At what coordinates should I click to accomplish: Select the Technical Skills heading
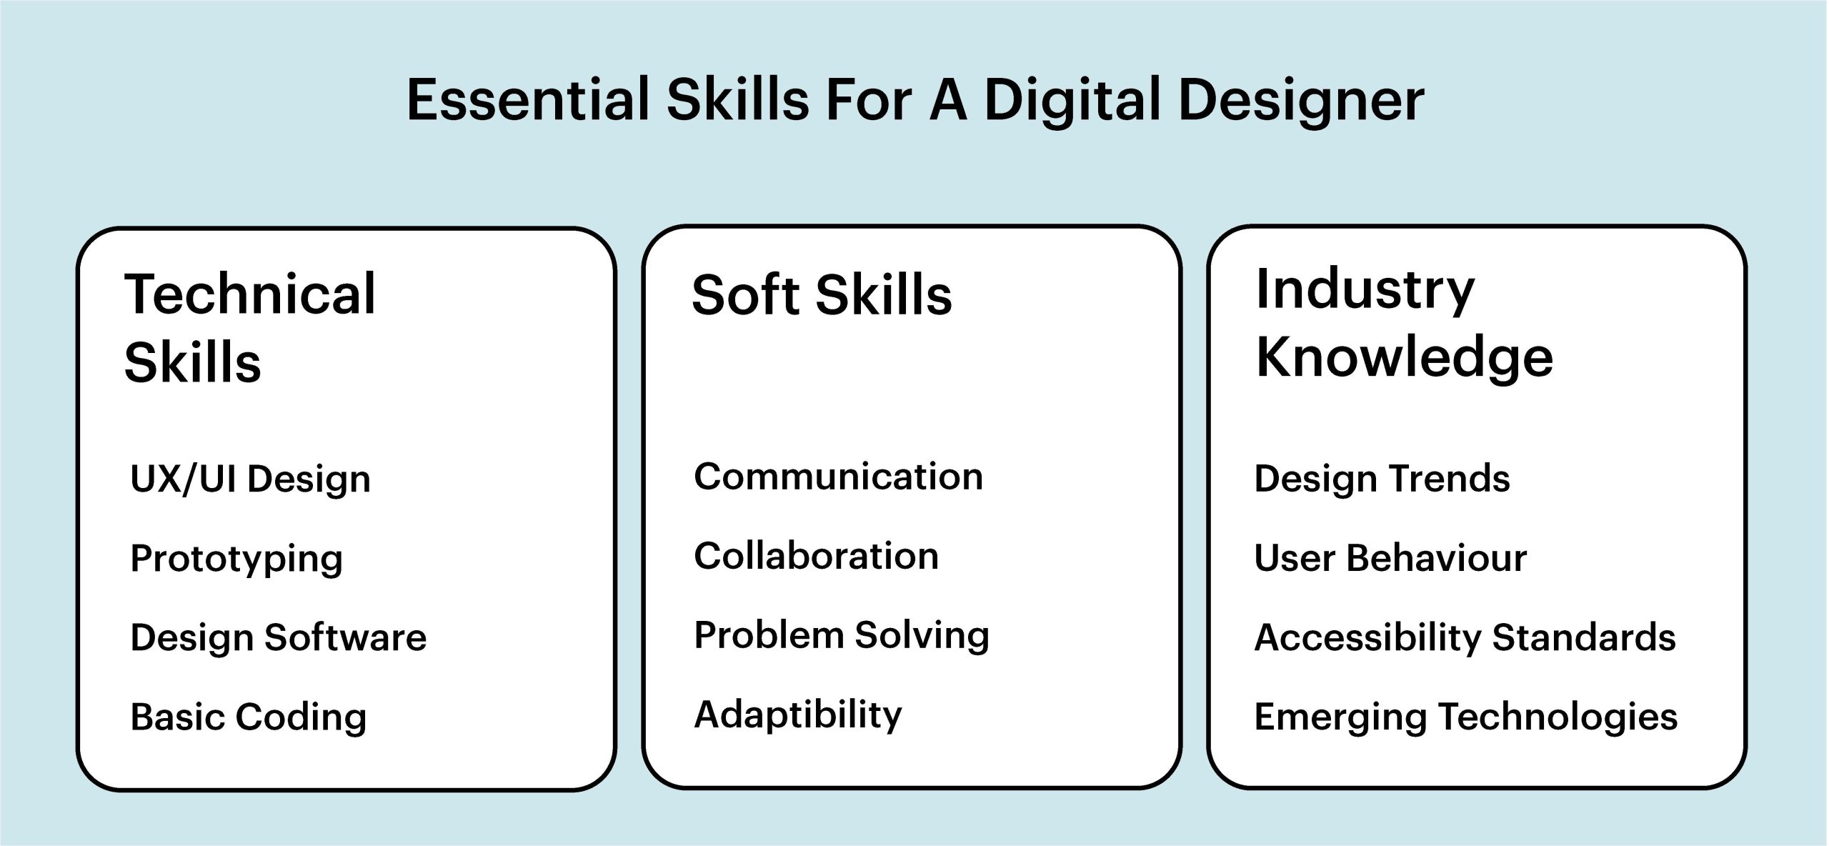(x=249, y=327)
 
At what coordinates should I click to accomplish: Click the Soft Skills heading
(x=822, y=294)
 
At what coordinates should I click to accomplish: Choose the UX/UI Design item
(x=250, y=479)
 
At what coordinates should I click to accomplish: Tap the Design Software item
(x=278, y=637)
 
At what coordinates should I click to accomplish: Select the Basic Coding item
(x=248, y=717)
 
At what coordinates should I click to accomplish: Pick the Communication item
(x=838, y=477)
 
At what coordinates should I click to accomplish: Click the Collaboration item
(x=816, y=556)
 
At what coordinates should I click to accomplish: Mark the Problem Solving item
(x=842, y=636)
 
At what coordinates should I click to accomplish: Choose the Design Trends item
(x=1382, y=479)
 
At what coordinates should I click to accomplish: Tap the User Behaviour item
(x=1390, y=558)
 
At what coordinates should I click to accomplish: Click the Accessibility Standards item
(x=1465, y=638)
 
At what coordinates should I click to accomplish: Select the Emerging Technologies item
(x=1466, y=717)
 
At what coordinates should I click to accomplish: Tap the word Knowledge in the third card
(x=1404, y=357)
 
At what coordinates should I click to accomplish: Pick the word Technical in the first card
(x=249, y=294)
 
